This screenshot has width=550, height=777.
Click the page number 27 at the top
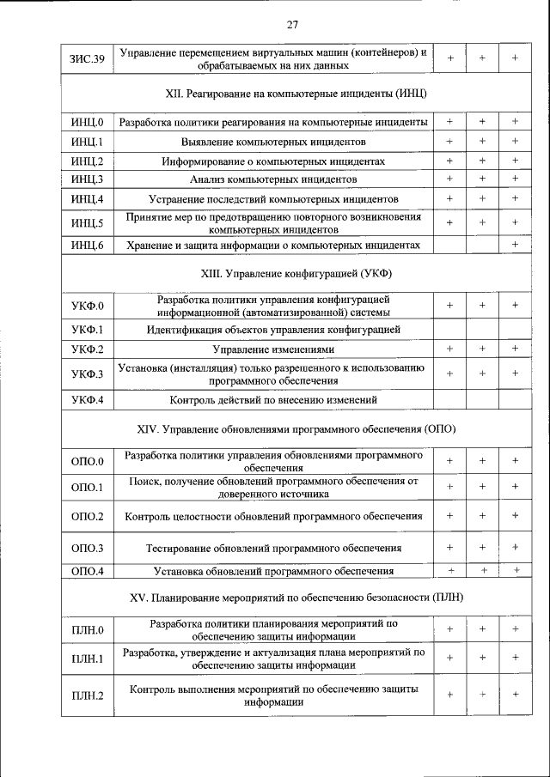click(x=293, y=23)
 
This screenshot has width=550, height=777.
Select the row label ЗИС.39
click(x=87, y=58)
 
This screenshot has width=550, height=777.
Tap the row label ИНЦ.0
click(x=88, y=122)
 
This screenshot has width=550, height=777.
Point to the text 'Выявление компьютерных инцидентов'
click(x=273, y=141)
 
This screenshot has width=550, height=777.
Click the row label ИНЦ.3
click(x=88, y=179)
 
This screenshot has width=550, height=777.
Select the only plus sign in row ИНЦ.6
click(x=515, y=246)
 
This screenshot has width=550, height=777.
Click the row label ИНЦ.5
click(x=88, y=223)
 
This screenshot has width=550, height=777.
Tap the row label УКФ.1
click(x=88, y=329)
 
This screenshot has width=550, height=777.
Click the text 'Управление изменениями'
click(x=273, y=349)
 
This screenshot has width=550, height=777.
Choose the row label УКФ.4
click(x=88, y=399)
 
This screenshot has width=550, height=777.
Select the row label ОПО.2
click(x=88, y=517)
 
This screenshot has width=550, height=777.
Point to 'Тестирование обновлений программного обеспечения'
click(x=273, y=547)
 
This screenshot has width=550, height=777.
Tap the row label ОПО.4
click(x=88, y=571)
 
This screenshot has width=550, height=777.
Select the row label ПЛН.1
click(x=88, y=659)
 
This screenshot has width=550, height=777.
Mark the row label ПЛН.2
click(x=88, y=695)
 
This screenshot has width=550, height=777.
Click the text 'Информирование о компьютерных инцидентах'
click(x=273, y=161)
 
